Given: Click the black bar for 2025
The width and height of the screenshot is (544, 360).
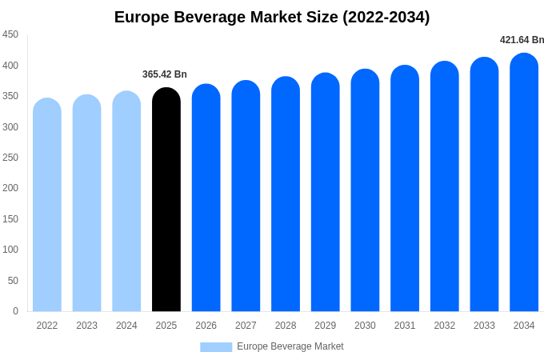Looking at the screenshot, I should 166,200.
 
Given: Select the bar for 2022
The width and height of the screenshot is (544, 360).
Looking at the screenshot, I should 47,205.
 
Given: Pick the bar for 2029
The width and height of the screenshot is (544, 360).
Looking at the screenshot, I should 326,192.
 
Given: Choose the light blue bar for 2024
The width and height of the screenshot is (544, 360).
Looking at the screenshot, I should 126,202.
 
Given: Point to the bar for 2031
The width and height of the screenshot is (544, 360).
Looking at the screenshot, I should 405,189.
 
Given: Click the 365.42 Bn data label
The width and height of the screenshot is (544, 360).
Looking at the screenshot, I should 165,74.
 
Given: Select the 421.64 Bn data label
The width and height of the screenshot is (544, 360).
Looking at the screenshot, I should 522,40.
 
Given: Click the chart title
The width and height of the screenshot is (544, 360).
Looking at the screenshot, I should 272,17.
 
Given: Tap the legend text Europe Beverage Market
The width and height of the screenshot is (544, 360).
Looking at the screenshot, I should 290,346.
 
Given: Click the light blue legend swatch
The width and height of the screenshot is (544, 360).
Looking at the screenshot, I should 216,347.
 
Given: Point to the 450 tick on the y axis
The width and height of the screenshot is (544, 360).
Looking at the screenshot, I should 10,34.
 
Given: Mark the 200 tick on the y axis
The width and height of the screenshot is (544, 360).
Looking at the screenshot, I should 10,188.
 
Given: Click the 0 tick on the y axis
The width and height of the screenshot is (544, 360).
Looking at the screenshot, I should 15,311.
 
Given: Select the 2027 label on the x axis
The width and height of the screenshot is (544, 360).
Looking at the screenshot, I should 246,326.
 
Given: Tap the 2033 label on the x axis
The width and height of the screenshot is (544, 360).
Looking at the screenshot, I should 484,326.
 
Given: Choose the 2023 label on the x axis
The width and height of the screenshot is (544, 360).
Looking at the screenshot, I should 86,326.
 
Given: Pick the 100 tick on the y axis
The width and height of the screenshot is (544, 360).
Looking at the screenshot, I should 10,250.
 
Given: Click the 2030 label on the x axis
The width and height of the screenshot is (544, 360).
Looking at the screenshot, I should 365,326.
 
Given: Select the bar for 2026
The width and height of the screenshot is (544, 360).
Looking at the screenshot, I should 206,198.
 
